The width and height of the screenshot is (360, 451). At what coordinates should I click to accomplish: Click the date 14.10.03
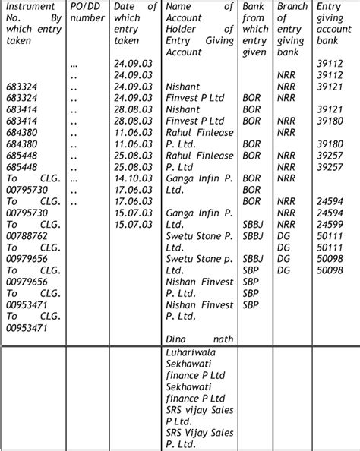click(x=129, y=179)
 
